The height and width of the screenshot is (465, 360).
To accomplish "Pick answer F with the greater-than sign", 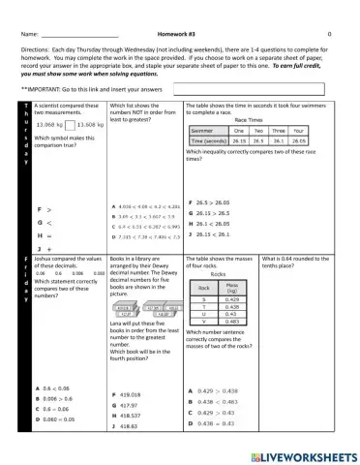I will pos(45,207).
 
